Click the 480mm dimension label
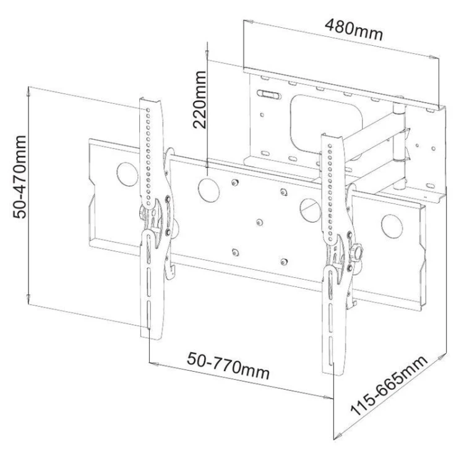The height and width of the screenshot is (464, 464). pyautogui.click(x=354, y=30)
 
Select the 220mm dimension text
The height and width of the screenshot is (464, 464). pyautogui.click(x=199, y=100)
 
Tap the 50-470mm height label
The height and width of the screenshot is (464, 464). pyautogui.click(x=20, y=177)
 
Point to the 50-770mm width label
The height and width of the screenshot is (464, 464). pyautogui.click(x=228, y=366)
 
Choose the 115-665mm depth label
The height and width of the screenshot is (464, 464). pyautogui.click(x=389, y=385)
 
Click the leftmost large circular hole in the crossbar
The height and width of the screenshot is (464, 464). pyautogui.click(x=127, y=174)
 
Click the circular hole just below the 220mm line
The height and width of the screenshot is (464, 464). pyautogui.click(x=208, y=189)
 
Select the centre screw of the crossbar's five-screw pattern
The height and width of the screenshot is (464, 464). pyautogui.click(x=259, y=223)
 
